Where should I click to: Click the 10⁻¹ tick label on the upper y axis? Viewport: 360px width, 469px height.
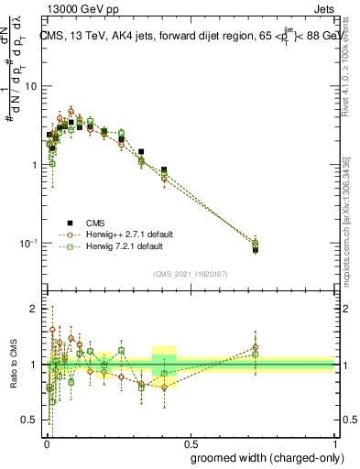pos(28,243)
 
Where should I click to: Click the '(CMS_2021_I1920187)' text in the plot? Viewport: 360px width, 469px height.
pos(190,273)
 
